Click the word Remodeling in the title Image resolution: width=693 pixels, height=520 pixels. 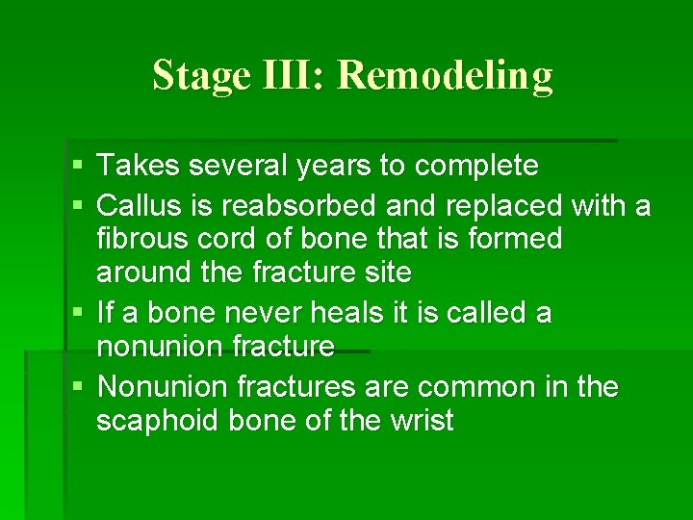[x=446, y=74]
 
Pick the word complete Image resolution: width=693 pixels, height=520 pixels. [x=476, y=168]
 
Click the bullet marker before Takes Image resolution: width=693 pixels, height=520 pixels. [x=78, y=168]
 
